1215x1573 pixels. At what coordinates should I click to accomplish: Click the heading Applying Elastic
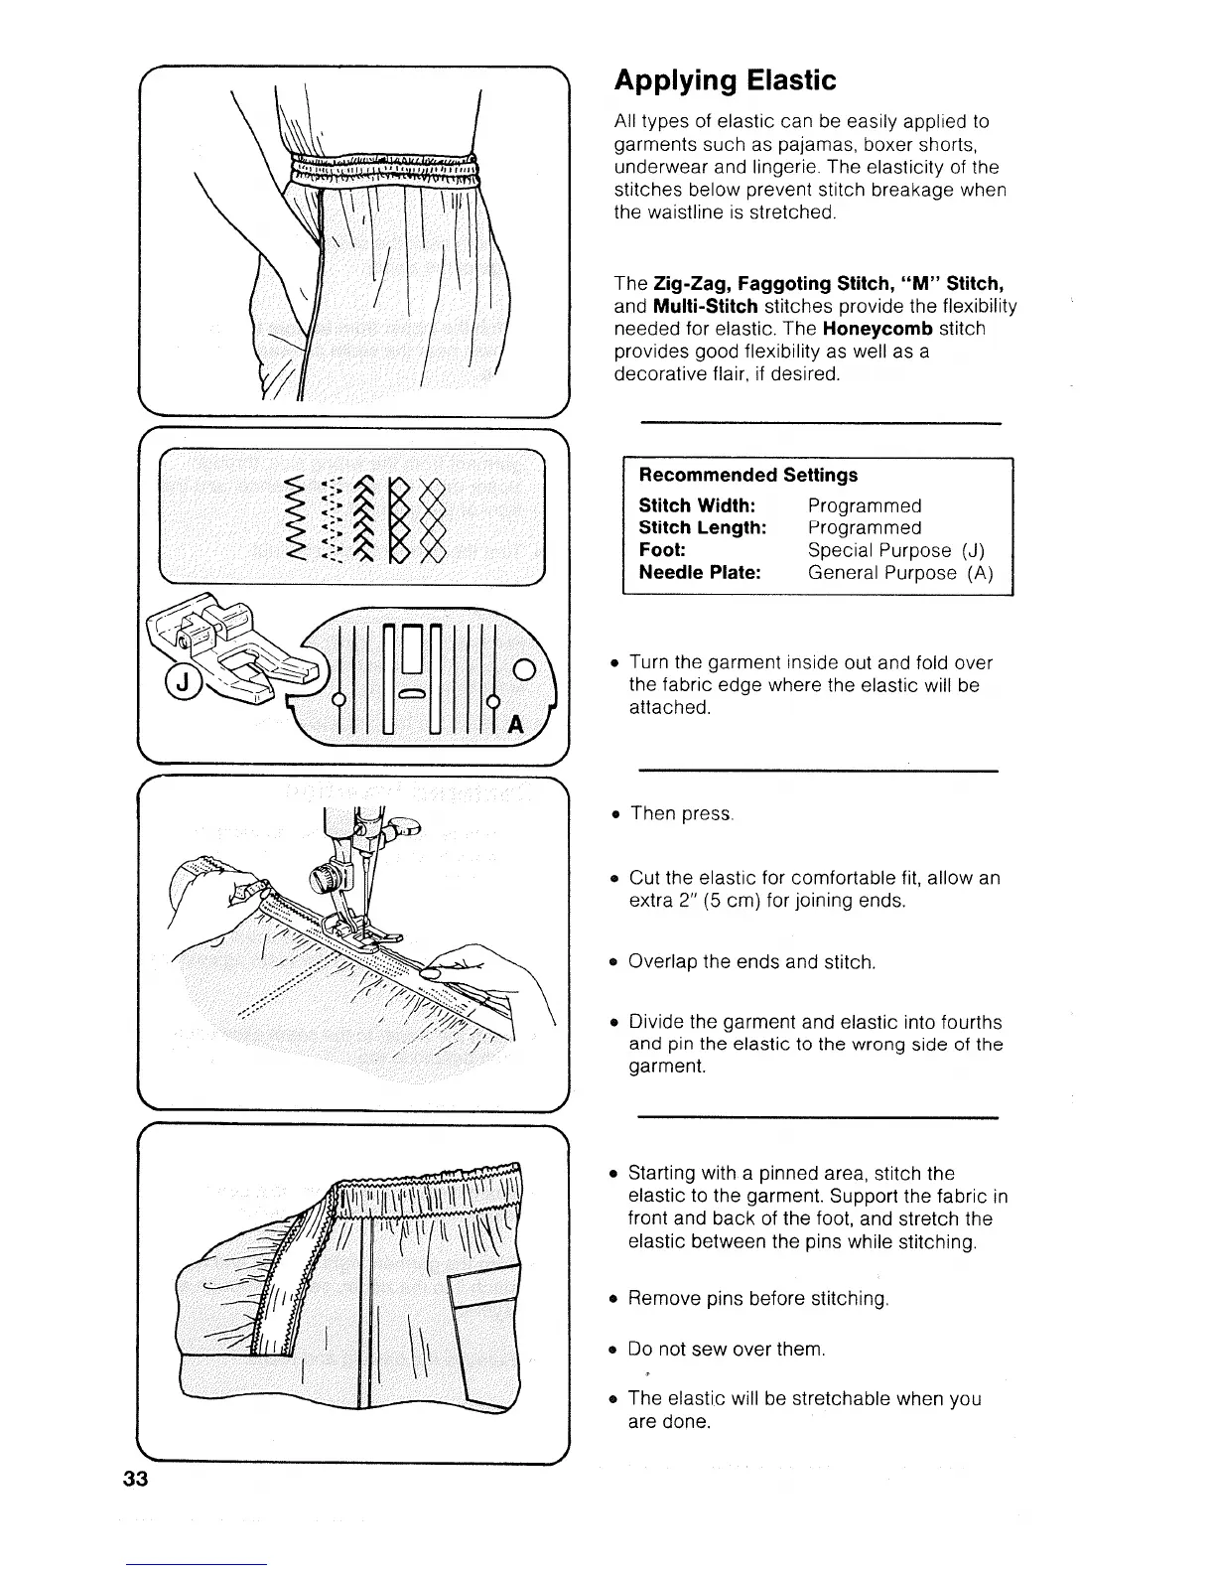(x=725, y=80)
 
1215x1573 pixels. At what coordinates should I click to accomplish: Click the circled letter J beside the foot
(x=184, y=685)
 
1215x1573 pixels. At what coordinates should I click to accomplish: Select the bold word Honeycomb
(x=877, y=329)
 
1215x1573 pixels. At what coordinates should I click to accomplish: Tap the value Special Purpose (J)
(x=895, y=551)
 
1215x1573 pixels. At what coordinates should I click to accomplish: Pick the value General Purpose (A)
(x=899, y=573)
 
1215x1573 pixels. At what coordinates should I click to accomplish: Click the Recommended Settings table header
(x=747, y=476)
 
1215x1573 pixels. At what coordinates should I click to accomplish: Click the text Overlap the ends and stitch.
(x=751, y=962)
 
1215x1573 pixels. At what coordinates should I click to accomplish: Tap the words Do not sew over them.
(x=727, y=1350)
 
